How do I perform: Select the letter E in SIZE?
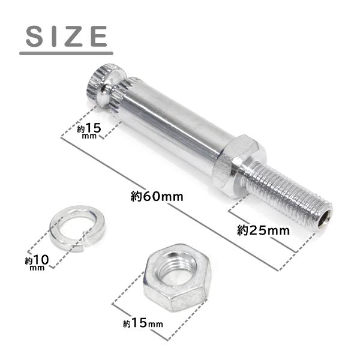[x=99, y=36]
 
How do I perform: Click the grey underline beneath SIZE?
[x=66, y=53]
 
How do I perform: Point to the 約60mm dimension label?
[x=157, y=197]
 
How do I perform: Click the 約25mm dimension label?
[x=263, y=230]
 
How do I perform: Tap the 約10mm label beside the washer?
[x=37, y=262]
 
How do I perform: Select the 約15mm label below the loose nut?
[x=143, y=323]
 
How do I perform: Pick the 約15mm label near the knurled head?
[x=89, y=130]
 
